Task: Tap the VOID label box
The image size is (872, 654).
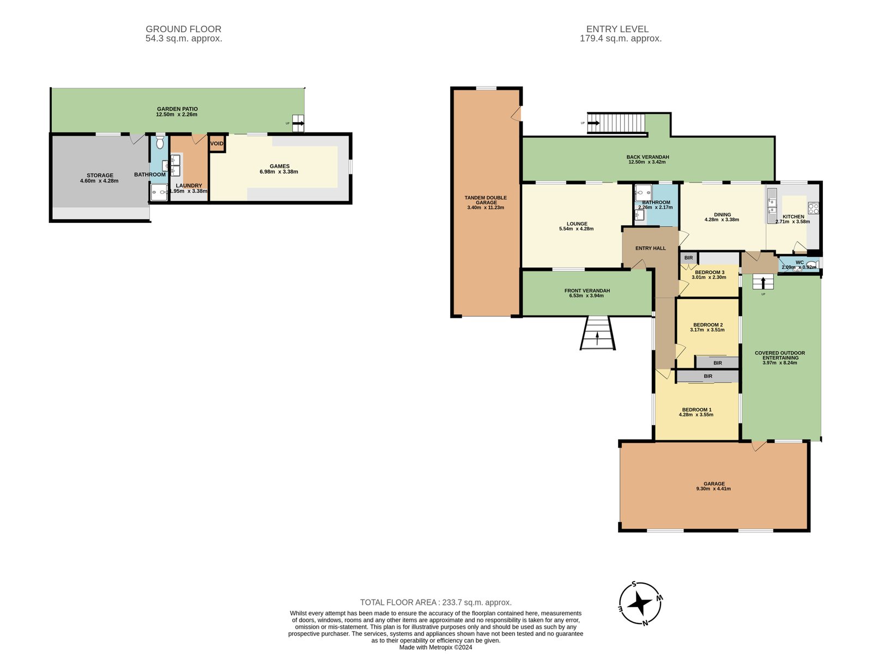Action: [217, 144]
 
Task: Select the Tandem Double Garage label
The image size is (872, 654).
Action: [486, 200]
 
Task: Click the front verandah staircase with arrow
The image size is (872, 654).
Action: [597, 333]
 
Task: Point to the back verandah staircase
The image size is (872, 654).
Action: [616, 123]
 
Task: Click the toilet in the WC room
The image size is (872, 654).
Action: [812, 265]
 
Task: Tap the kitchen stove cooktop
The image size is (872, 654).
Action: [813, 208]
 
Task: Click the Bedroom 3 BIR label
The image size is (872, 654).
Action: [688, 258]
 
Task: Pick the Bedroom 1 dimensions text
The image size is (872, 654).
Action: [696, 415]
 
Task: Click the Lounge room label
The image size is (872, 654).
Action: [577, 223]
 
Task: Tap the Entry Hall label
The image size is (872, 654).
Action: [650, 248]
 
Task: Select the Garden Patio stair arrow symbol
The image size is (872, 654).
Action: [298, 124]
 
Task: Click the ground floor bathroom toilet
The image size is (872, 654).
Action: [159, 143]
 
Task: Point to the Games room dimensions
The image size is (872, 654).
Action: [279, 172]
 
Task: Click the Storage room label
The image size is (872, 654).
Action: [100, 175]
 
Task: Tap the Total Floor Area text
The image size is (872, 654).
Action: [435, 602]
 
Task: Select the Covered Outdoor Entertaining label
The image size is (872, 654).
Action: [779, 355]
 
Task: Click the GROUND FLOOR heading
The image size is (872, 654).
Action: [183, 29]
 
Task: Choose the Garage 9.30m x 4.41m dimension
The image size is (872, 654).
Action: [714, 489]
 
